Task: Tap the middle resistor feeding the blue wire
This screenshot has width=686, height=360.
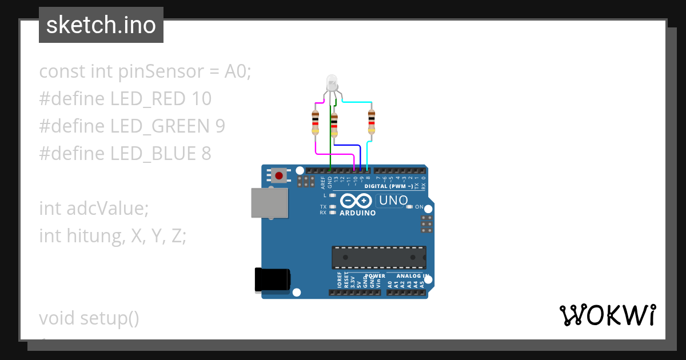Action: [334, 125]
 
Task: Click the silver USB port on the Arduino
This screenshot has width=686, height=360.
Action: [269, 203]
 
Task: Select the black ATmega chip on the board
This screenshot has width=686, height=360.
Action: [379, 257]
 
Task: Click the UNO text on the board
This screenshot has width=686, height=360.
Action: [393, 201]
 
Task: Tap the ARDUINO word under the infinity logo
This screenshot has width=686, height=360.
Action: [358, 213]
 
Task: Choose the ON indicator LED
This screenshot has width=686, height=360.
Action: [409, 207]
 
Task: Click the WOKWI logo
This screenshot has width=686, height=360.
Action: [607, 315]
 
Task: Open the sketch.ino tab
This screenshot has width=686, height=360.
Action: [101, 25]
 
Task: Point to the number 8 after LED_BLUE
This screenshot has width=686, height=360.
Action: [206, 154]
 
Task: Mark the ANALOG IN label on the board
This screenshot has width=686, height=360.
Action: [408, 276]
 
